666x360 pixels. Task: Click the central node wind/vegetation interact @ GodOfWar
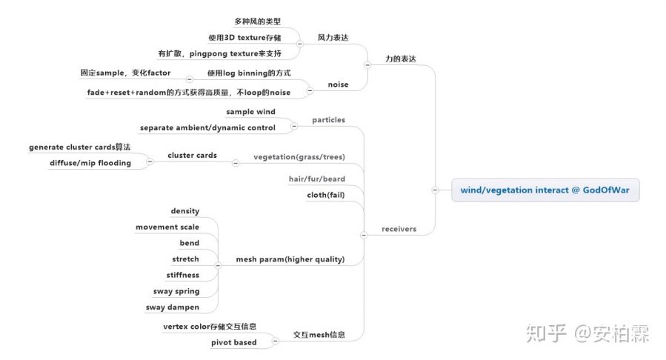(x=545, y=190)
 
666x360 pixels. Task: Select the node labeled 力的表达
(x=401, y=57)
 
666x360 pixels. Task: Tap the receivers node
(x=399, y=229)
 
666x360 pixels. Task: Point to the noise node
(x=338, y=84)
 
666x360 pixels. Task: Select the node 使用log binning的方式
(x=249, y=73)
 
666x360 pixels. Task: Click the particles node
(x=328, y=119)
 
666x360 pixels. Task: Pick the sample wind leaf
(x=250, y=112)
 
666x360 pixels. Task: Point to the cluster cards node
(x=192, y=156)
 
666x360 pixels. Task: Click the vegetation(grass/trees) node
(x=299, y=157)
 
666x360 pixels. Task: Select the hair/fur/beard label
(x=317, y=179)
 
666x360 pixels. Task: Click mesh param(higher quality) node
(x=290, y=259)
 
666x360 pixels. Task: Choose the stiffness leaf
(x=182, y=275)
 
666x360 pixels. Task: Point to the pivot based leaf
(x=235, y=342)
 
